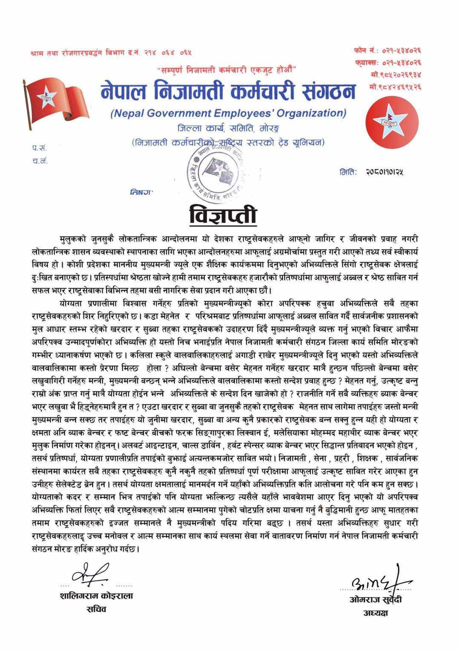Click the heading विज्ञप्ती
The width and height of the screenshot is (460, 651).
[223, 214]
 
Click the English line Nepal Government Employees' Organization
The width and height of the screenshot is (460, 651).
[228, 113]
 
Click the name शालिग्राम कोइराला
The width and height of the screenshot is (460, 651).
[96, 596]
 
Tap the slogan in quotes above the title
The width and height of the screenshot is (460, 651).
[227, 69]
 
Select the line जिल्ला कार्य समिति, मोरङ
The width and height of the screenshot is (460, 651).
[228, 128]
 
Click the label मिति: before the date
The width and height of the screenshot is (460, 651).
[348, 172]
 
